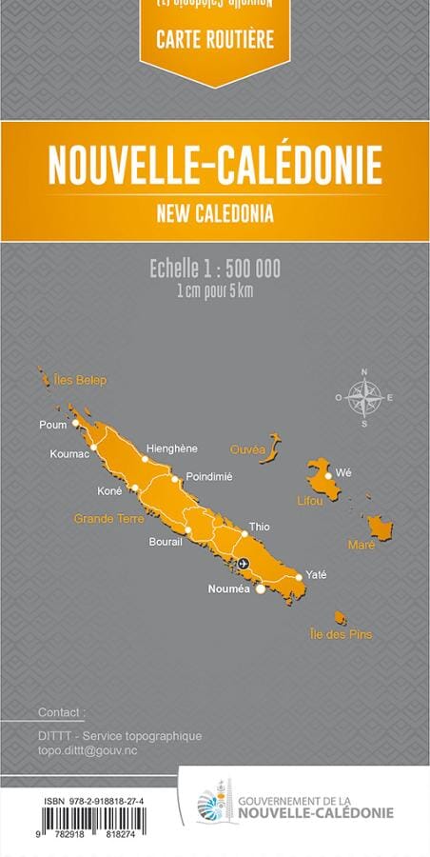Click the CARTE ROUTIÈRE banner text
click(214, 40)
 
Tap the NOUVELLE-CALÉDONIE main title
click(215, 165)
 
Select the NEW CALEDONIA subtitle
click(215, 213)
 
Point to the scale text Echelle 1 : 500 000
click(215, 269)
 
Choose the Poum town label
click(53, 425)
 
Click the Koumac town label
click(69, 453)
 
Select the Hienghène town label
click(171, 448)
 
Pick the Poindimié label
click(209, 475)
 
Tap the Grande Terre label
click(109, 519)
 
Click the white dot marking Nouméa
click(261, 588)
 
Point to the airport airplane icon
click(243, 564)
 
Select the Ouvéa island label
click(248, 448)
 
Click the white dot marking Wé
click(328, 474)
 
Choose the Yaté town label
click(316, 575)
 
